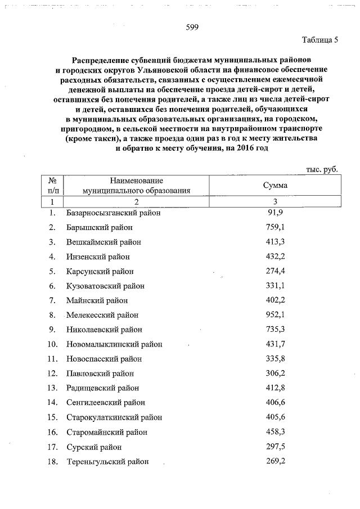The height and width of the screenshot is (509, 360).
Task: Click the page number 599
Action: click(192, 28)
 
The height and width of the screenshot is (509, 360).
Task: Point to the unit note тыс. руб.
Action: click(321, 169)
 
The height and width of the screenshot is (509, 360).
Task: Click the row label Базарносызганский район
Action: click(113, 213)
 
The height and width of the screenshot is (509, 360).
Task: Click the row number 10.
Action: click(52, 344)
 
